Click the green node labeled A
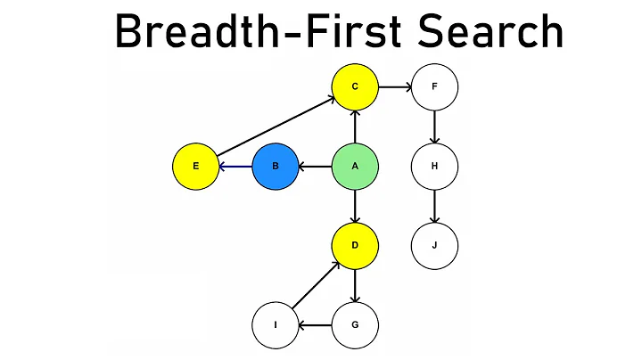tap(355, 167)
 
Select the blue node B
tap(276, 167)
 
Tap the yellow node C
tap(355, 87)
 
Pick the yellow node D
tap(355, 246)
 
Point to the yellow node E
tap(195, 167)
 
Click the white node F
tap(434, 87)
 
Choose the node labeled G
tap(355, 324)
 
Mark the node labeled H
tap(434, 167)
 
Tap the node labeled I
tap(276, 324)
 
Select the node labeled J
tap(434, 246)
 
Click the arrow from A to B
tap(316, 167)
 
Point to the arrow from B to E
tap(235, 167)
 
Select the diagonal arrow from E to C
tap(275, 127)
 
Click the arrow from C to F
tap(394, 87)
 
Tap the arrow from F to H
tap(434, 127)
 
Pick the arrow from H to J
tap(434, 206)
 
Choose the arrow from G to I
tap(316, 324)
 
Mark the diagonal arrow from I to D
tap(315, 285)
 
